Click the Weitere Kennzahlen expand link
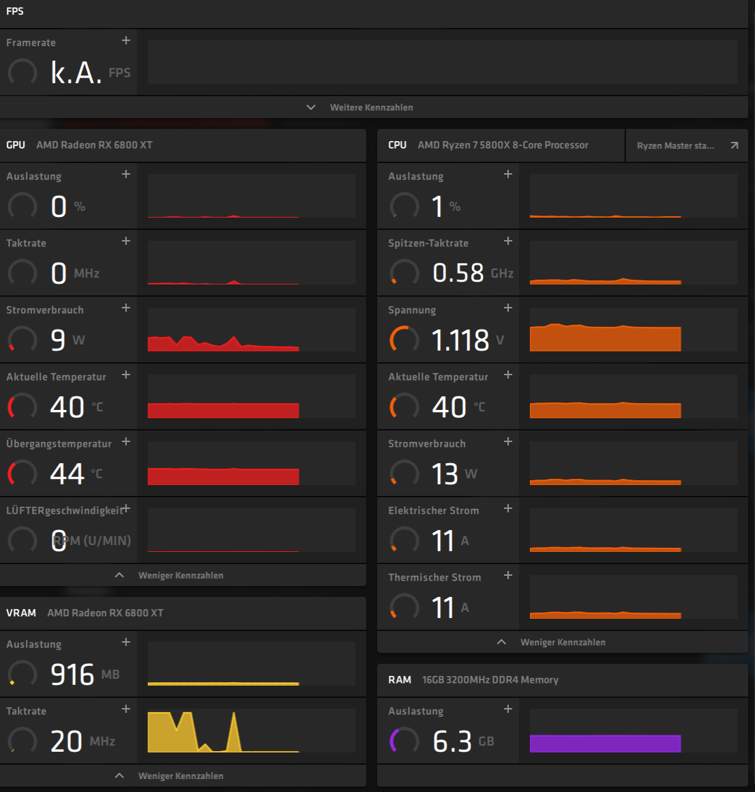tap(370, 108)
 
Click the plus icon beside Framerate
tap(126, 41)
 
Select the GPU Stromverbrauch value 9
tap(59, 340)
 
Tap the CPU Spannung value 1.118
tap(460, 340)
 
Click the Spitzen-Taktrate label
tap(428, 244)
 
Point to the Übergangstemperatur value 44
tap(67, 473)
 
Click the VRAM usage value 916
tap(72, 675)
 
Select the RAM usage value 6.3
tap(452, 742)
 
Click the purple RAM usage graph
tap(605, 744)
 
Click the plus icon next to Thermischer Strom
tap(508, 576)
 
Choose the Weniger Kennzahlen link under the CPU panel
tap(562, 643)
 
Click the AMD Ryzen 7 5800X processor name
tap(503, 145)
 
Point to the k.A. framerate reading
tap(76, 72)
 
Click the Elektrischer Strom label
tap(434, 511)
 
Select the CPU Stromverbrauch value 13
tap(445, 473)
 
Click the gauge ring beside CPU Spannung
tap(404, 339)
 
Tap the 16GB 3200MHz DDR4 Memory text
tap(490, 680)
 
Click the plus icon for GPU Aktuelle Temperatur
tap(126, 375)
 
